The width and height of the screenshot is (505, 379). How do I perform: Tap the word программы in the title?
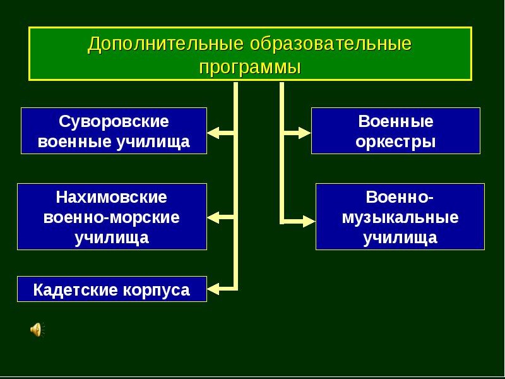(x=250, y=66)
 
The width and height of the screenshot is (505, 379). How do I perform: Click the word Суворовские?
(x=114, y=121)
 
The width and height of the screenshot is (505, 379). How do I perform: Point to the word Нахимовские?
(x=112, y=197)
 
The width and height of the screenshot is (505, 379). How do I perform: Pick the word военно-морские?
(x=112, y=217)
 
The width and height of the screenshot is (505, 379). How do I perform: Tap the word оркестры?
(x=396, y=141)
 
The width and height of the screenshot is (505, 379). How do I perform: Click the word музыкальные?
(x=400, y=217)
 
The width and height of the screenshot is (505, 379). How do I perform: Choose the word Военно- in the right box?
(x=400, y=197)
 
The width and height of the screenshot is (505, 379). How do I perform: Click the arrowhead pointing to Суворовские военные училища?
(x=213, y=133)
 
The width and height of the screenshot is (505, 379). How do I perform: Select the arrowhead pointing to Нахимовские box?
(x=213, y=217)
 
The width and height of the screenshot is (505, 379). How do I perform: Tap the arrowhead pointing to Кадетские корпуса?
(x=213, y=289)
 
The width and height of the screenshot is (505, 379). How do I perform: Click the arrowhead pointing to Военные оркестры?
(x=305, y=133)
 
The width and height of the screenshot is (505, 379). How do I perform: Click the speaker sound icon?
(x=36, y=329)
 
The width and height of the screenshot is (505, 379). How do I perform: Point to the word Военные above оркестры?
(x=396, y=121)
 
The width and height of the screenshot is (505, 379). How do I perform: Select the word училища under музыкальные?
(x=400, y=238)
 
